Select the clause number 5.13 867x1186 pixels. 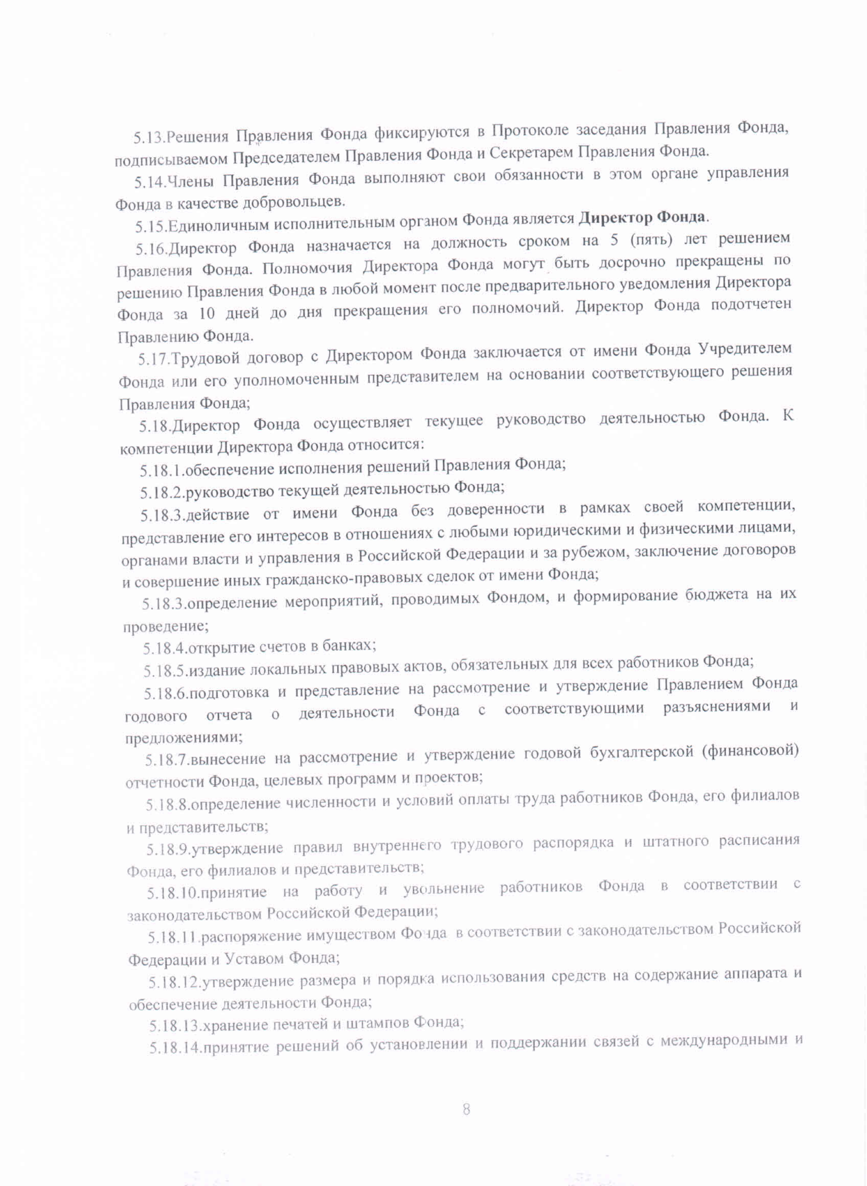149,138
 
